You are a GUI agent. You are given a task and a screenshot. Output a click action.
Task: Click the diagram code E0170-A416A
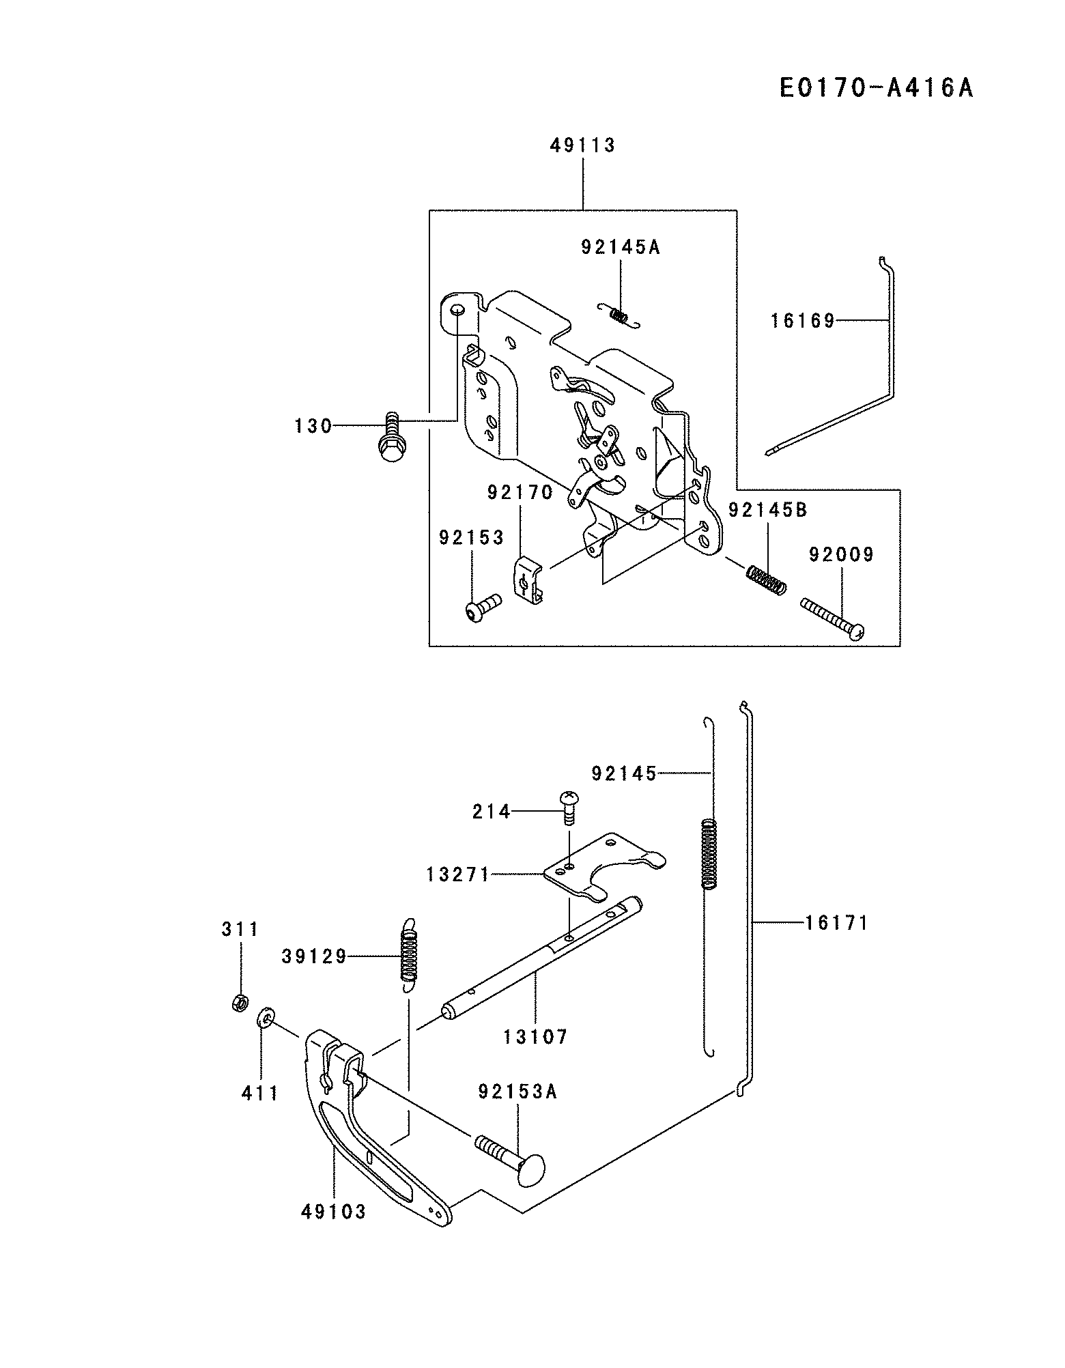(877, 88)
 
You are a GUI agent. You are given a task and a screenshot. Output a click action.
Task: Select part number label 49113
(583, 145)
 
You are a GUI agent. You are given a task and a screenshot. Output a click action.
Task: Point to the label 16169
(803, 321)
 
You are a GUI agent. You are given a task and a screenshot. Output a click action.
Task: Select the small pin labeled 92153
(482, 607)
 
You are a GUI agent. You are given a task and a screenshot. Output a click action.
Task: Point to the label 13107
(536, 1038)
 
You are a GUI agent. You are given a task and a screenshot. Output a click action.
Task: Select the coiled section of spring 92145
(711, 853)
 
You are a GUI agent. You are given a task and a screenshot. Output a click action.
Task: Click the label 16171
(836, 923)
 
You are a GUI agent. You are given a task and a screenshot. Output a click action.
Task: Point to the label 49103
(334, 1212)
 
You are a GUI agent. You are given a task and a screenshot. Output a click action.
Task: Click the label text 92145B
(768, 510)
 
